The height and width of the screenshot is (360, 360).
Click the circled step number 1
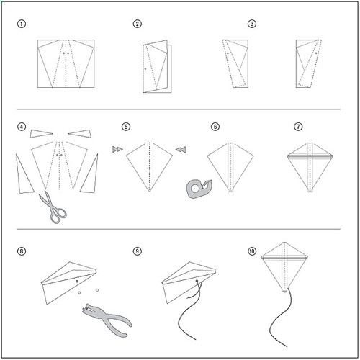(x=22, y=24)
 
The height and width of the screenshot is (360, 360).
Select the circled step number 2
(x=137, y=24)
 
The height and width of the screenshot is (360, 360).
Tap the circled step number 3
(x=251, y=24)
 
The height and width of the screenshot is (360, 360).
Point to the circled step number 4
(x=22, y=127)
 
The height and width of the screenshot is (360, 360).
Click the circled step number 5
(x=126, y=127)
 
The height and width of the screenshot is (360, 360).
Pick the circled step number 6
(x=215, y=127)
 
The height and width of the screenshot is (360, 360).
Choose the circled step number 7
(x=298, y=127)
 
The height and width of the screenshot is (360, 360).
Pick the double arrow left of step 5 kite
(x=117, y=149)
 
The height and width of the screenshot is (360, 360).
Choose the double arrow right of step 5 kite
(x=181, y=149)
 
